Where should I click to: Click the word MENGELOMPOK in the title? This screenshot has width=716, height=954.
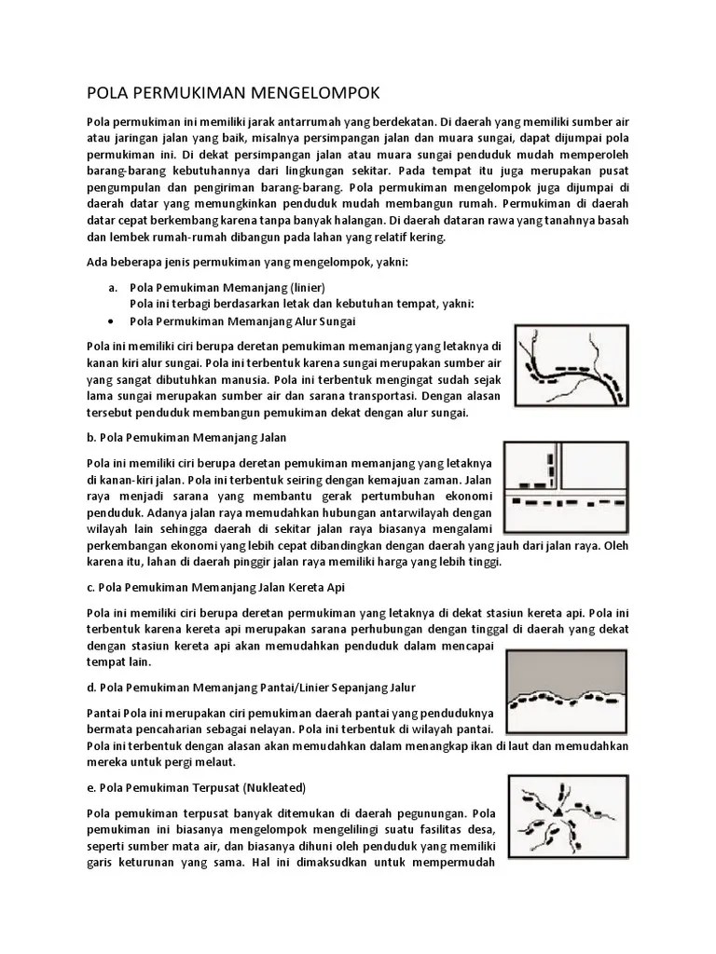(316, 93)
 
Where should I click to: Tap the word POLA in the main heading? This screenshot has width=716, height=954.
(106, 93)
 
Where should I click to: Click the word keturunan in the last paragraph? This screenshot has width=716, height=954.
(152, 862)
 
